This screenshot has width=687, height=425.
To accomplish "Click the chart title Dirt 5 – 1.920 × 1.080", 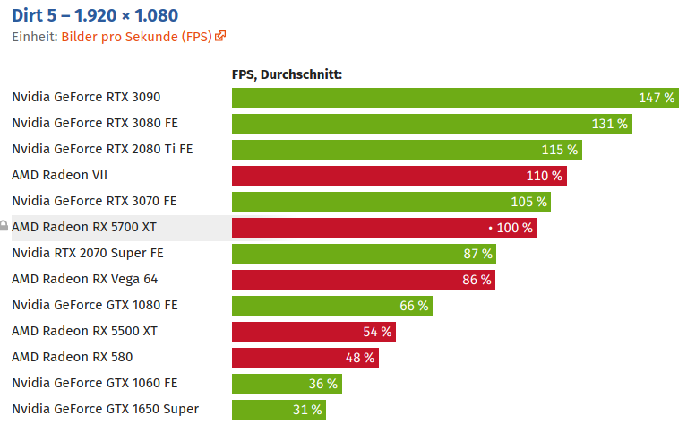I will tap(95, 15).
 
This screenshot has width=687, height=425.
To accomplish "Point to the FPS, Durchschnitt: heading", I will tap(287, 74).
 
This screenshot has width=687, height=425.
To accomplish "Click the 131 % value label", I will tap(609, 124).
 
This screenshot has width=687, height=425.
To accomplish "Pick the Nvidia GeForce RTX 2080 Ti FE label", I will tap(102, 149).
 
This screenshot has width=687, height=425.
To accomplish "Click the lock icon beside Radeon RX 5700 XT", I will tap(4, 227).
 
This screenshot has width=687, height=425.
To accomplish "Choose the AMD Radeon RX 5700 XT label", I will tap(84, 228).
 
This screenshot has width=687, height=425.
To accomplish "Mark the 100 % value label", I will tap(514, 228).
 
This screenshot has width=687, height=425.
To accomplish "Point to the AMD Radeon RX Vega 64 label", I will tap(84, 279).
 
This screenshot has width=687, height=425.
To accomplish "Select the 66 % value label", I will tap(414, 306).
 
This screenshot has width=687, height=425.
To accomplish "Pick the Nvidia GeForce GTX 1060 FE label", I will tap(94, 383).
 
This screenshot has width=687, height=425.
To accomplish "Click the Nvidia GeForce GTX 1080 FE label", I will tap(94, 305).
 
